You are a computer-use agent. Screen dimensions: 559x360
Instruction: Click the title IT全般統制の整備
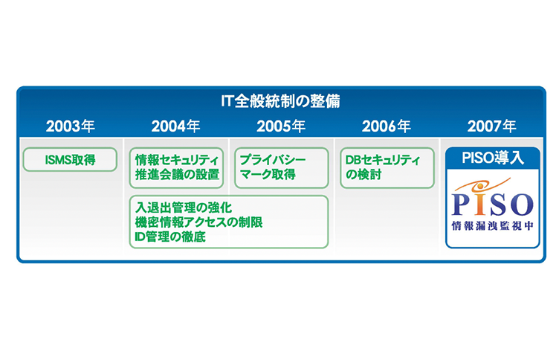280,101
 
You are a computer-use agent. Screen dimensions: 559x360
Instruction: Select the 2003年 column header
70,126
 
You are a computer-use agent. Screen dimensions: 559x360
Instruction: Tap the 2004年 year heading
175,126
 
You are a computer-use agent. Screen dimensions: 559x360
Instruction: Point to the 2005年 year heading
281,126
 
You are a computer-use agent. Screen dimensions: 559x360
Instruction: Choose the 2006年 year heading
386,126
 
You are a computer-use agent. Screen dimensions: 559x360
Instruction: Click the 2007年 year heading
491,126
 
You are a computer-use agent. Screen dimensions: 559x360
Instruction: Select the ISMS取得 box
70,159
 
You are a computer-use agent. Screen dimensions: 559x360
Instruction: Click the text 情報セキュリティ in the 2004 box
177,160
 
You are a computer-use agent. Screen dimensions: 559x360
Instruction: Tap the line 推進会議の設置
177,175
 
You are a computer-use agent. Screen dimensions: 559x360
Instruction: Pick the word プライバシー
273,159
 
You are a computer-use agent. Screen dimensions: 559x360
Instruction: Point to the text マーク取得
268,175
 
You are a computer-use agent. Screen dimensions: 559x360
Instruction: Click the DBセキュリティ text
383,160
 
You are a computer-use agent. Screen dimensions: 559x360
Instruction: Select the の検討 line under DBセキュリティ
363,175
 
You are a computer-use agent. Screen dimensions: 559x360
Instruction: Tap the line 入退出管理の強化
184,208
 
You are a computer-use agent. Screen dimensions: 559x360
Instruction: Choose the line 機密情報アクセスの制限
199,222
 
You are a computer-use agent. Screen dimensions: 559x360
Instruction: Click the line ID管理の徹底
170,237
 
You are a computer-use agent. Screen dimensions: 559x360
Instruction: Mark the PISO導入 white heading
493,158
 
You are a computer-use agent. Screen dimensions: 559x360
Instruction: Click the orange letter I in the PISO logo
479,203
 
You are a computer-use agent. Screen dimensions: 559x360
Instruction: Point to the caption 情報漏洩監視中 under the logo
492,226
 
